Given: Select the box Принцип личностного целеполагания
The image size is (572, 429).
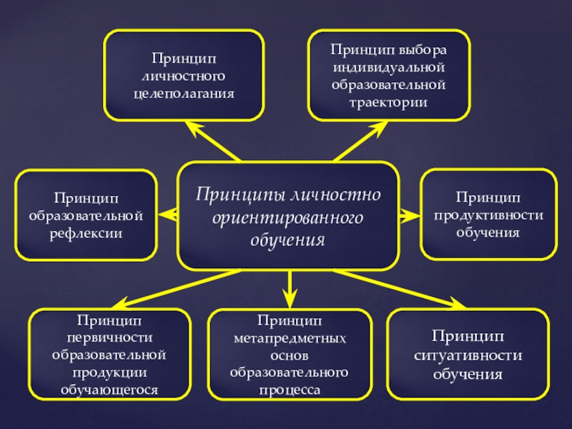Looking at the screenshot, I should click(x=183, y=74).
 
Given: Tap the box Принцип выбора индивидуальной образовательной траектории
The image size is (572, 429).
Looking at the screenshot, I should click(x=388, y=74).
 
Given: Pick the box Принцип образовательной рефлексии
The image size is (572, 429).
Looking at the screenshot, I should click(x=86, y=214).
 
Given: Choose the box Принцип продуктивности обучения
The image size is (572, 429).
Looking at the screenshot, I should click(x=488, y=214).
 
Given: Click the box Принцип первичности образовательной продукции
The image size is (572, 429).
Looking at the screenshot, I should click(x=109, y=355).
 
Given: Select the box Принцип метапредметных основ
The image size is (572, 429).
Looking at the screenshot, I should click(x=289, y=355).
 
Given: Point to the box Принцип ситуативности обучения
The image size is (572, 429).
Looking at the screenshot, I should click(x=468, y=355).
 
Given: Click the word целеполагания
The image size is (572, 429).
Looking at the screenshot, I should click(x=184, y=94).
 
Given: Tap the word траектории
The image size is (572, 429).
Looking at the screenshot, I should click(x=388, y=102).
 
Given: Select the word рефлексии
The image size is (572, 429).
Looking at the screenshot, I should click(x=86, y=233).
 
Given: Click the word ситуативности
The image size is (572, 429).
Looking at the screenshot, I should click(x=468, y=355).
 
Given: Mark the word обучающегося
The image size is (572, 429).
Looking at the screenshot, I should click(x=109, y=390).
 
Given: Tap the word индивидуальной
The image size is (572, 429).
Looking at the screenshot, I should click(x=388, y=67).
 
